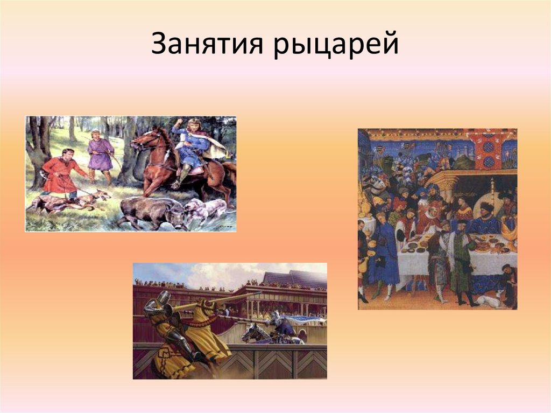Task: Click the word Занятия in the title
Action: tap(207, 45)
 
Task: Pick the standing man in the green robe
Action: tap(461, 264)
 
